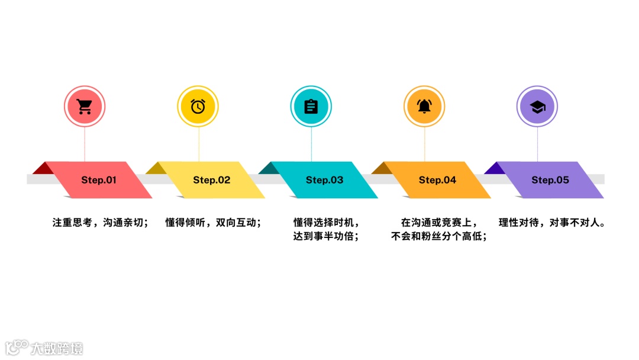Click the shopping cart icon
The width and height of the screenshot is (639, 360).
click(x=85, y=107)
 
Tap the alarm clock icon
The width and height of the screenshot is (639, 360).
click(x=198, y=107)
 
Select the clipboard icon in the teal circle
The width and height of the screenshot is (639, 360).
click(x=311, y=107)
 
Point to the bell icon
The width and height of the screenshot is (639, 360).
click(x=424, y=107)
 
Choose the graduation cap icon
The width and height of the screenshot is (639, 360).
click(x=537, y=107)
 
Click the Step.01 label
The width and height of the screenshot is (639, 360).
click(x=99, y=180)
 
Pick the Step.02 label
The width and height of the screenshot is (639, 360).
click(x=211, y=180)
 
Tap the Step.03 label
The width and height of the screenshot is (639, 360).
click(x=324, y=180)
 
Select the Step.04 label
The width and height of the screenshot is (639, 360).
click(x=437, y=180)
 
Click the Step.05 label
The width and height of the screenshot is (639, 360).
click(x=550, y=180)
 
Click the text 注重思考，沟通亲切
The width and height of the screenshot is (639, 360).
click(x=100, y=223)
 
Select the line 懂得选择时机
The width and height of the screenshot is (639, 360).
click(x=326, y=223)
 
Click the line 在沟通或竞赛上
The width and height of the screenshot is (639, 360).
click(x=438, y=223)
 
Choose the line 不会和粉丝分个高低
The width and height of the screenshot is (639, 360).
click(x=439, y=236)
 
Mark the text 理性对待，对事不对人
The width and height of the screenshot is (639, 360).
click(x=551, y=223)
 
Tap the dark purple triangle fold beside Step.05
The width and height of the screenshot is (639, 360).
click(x=495, y=168)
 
